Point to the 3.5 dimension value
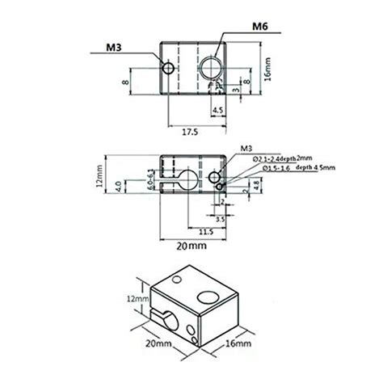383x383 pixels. pos(220,217)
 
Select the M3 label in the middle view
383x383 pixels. pos(246,149)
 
